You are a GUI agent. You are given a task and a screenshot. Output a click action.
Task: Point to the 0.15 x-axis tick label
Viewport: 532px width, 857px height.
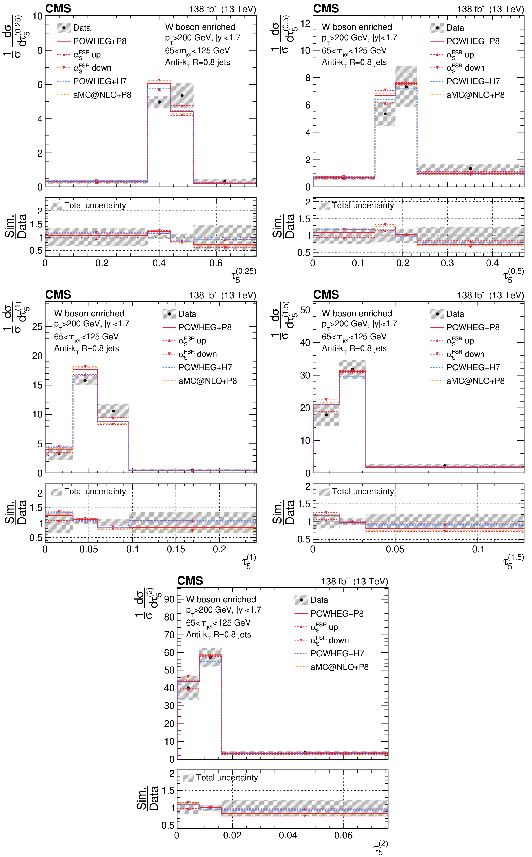175,549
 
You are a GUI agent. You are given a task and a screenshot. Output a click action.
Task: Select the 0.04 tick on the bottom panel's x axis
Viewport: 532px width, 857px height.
288,835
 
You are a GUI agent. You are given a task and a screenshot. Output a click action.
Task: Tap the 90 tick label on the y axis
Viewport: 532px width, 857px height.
169,599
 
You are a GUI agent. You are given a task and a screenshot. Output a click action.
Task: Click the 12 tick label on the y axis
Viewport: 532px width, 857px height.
305,24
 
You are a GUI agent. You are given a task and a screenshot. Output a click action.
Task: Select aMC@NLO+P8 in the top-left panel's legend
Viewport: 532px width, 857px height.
94,95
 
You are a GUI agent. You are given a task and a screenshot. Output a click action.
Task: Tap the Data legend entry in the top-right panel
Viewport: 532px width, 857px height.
447,28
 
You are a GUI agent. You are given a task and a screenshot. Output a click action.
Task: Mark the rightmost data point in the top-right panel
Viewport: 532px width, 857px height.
471,169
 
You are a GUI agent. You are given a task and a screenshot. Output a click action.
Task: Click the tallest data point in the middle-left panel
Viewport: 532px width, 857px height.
85,380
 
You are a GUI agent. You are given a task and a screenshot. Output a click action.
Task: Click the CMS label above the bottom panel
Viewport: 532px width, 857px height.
190,581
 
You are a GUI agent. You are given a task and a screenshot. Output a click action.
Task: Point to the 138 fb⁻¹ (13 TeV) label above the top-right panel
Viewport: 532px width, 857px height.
490,8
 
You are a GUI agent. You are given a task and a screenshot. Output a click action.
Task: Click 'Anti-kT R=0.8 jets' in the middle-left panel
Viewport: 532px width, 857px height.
87,349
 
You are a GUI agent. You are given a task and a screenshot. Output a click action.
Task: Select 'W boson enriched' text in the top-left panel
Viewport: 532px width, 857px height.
200,27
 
